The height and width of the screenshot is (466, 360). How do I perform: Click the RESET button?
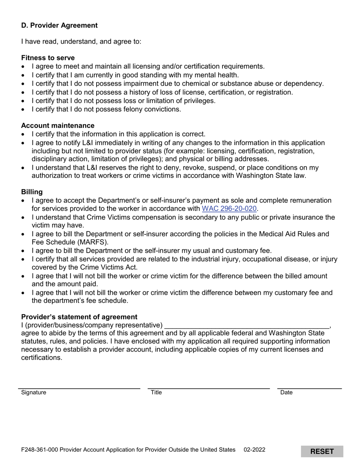322,451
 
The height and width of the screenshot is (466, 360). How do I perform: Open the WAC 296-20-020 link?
229,208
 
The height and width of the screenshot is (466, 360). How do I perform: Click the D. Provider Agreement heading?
59,25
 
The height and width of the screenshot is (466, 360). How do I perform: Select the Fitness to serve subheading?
48,58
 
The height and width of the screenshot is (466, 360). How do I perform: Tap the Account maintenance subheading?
58,125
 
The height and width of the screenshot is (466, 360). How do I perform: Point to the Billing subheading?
32,192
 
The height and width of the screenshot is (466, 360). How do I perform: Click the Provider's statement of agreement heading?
79,317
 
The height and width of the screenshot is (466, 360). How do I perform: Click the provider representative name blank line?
247,325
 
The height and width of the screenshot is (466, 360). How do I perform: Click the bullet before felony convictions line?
23,109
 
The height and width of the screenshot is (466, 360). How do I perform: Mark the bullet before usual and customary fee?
23,251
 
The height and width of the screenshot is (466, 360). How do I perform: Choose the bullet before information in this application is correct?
23,134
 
